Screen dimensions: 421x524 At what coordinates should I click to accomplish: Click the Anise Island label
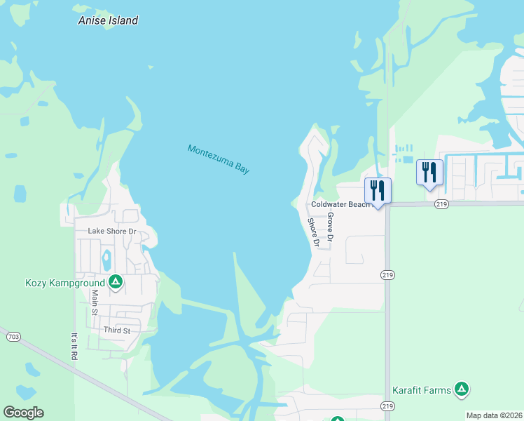coord(108,20)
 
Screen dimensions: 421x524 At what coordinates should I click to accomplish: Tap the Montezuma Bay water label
coord(219,159)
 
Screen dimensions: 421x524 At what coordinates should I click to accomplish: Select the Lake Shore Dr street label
coord(111,231)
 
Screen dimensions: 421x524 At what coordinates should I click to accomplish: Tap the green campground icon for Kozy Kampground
coord(116,282)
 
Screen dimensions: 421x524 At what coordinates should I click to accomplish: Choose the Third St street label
coord(118,330)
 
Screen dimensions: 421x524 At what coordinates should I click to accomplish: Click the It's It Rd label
coord(74,346)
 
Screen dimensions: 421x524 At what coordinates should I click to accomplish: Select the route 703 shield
coord(13,337)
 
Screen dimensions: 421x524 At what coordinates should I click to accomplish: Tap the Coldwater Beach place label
coord(339,204)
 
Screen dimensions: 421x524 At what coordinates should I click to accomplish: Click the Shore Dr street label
coord(314,232)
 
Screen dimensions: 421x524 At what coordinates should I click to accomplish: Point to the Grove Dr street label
coord(331,228)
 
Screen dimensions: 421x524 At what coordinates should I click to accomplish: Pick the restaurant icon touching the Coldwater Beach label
coord(378,190)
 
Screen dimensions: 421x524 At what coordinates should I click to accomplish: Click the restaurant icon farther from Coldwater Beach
coord(429,172)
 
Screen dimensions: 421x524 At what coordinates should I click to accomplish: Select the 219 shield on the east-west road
coord(441,204)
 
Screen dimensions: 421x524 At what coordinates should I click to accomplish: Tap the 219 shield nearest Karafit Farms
coord(387,406)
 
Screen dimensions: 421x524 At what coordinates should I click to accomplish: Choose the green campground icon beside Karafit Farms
coord(461,389)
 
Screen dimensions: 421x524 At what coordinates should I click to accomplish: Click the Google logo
coord(23,413)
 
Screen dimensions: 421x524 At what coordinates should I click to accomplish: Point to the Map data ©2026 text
coord(494,415)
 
